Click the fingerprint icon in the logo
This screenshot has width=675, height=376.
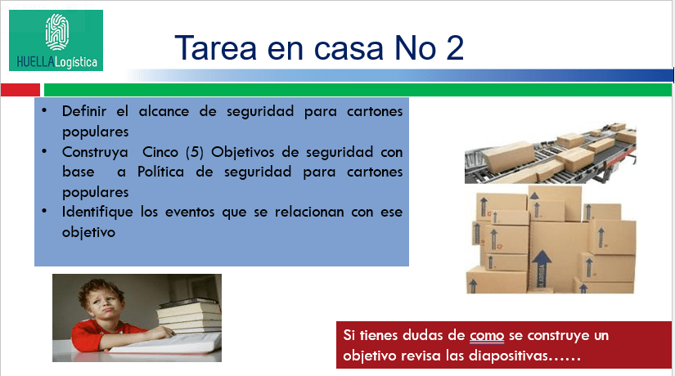pos(56,32)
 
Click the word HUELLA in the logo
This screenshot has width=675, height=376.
pos(36,62)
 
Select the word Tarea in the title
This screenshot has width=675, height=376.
pos(216,47)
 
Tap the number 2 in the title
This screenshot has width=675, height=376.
pos(455,47)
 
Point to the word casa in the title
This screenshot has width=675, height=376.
pos(349,48)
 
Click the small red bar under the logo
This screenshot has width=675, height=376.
pos(20,90)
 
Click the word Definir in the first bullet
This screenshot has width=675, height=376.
pos(84,111)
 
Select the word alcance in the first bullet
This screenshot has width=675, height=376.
pos(164,111)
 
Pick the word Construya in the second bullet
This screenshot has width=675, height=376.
pos(95,152)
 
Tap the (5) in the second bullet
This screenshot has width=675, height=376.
pos(195,152)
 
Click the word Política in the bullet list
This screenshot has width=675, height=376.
pos(160,172)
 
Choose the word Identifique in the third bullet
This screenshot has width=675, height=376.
pos(97,212)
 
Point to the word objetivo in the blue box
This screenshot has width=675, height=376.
pos(88,232)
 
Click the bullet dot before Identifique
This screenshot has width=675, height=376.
pos(44,211)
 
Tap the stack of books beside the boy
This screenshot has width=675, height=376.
pos(189,316)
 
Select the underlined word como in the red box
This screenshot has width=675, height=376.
pos(487,336)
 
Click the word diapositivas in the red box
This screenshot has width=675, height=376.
pos(508,356)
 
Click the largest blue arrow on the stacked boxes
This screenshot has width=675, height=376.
pos(542,268)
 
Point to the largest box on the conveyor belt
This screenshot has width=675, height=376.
pos(510,157)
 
